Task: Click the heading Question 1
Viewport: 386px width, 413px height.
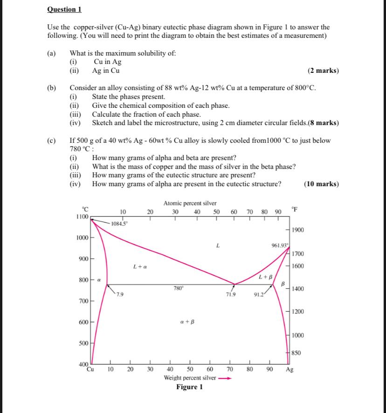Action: [x=64, y=9]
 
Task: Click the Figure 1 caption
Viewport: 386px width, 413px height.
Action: [x=189, y=387]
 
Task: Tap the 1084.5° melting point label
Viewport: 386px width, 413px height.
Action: [x=119, y=224]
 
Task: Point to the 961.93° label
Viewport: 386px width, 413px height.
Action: [x=280, y=245]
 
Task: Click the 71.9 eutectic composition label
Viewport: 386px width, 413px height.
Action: [x=230, y=295]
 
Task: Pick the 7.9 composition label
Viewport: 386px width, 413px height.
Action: [x=120, y=294]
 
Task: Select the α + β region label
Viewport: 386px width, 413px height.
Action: [x=187, y=322]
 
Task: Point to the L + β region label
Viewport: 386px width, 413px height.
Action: [x=266, y=277]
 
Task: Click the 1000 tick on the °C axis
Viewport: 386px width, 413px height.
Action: [x=83, y=238]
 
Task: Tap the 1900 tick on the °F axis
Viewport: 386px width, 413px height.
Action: [x=298, y=230]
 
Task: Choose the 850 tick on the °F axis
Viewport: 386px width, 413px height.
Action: [x=296, y=353]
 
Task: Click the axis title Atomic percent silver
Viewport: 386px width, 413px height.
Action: [x=190, y=203]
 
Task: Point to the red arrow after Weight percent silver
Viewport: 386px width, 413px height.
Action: [x=226, y=378]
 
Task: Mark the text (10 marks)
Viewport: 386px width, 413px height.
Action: [x=321, y=184]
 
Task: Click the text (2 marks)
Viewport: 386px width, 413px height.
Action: [x=323, y=71]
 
